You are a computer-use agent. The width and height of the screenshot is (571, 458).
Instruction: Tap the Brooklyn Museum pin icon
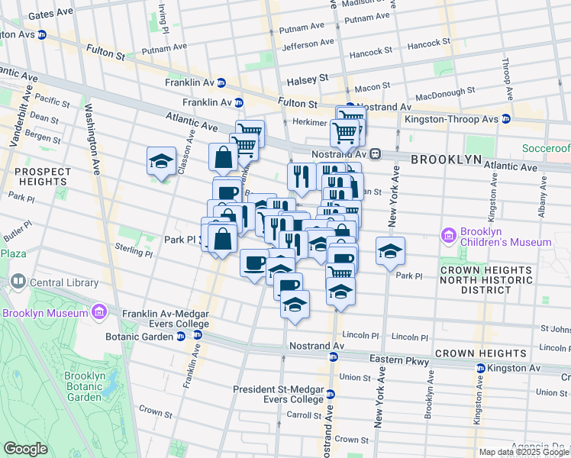click(x=98, y=312)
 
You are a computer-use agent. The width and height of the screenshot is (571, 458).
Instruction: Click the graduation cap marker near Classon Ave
click(x=161, y=161)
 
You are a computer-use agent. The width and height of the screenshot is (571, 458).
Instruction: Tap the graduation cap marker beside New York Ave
click(x=389, y=251)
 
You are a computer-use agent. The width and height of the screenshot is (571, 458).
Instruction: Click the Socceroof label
click(x=546, y=147)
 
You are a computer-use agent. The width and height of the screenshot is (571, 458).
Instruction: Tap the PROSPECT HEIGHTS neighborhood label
click(x=33, y=176)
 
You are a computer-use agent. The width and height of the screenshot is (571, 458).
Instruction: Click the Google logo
click(x=25, y=449)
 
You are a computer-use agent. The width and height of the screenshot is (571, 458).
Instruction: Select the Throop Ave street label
click(x=505, y=77)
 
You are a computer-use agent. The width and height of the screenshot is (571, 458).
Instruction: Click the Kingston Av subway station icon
click(x=480, y=368)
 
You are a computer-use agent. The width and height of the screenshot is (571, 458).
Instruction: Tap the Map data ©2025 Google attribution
click(x=524, y=452)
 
